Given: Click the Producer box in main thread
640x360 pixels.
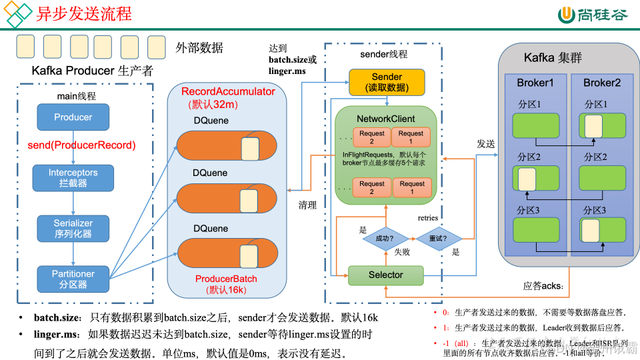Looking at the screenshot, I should pyautogui.click(x=73, y=117).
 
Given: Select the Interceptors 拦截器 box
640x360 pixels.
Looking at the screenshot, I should pyautogui.click(x=73, y=177).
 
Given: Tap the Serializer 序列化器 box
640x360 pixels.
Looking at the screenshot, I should pyautogui.click(x=73, y=228).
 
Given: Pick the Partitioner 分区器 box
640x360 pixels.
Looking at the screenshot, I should pyautogui.click(x=73, y=279).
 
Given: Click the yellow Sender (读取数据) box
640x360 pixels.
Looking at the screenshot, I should pyautogui.click(x=387, y=82).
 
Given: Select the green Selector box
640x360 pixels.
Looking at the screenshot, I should pyautogui.click(x=385, y=275).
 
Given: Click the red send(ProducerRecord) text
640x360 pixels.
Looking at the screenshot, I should pyautogui.click(x=81, y=145).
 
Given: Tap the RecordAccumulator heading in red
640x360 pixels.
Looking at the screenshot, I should pyautogui.click(x=228, y=91).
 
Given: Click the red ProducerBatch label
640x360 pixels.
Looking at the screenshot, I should pyautogui.click(x=226, y=279).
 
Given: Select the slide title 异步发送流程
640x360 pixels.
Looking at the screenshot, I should pyautogui.click(x=84, y=13).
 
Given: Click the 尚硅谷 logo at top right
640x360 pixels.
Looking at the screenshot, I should pyautogui.click(x=593, y=15).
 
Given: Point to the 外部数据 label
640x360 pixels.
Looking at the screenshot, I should pyautogui.click(x=199, y=48).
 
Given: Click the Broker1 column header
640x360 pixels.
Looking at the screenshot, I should pyautogui.click(x=535, y=83).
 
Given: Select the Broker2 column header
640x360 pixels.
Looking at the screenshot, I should pyautogui.click(x=601, y=83).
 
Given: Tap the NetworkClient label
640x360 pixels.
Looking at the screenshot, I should pyautogui.click(x=385, y=119).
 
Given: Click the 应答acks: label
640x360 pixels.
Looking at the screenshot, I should pyautogui.click(x=543, y=286).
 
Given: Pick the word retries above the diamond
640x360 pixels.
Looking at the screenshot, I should pyautogui.click(x=428, y=218).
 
